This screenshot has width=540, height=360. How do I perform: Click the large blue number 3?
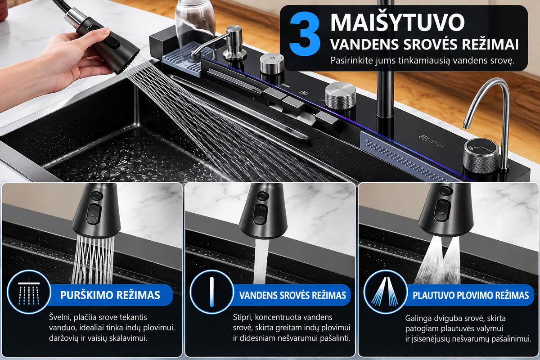(305, 34)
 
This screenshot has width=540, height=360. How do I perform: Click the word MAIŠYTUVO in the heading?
(397, 22)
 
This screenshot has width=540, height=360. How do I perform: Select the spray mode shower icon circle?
(29, 292)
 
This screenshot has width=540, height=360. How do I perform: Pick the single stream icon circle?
(211, 292)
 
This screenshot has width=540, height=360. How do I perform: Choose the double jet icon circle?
(386, 292)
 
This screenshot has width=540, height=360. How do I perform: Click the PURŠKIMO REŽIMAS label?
(110, 295)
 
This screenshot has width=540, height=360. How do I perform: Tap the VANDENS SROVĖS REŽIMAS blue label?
(292, 295)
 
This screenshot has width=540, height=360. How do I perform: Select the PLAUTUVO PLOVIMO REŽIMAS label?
(471, 295)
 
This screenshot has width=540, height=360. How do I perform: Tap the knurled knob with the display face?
(481, 156)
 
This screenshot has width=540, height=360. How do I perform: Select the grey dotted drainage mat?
(407, 157)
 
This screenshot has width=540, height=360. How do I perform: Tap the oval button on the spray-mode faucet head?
(93, 214)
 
